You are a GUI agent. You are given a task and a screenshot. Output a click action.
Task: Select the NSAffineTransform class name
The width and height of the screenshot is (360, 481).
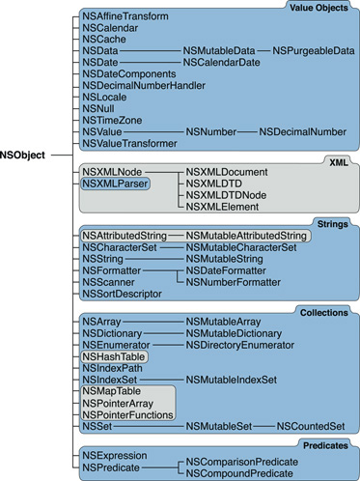click(x=126, y=17)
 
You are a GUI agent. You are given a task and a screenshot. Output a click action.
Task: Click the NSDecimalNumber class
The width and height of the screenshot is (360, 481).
click(x=303, y=130)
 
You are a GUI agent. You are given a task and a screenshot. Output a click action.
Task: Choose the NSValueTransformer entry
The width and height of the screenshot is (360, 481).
click(x=130, y=143)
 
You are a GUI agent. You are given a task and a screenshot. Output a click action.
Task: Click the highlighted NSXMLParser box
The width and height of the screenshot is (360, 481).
click(x=111, y=182)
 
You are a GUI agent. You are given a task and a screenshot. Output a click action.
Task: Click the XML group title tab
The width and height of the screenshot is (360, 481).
click(x=337, y=163)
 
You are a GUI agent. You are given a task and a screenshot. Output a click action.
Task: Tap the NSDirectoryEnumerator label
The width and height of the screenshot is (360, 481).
click(x=241, y=345)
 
